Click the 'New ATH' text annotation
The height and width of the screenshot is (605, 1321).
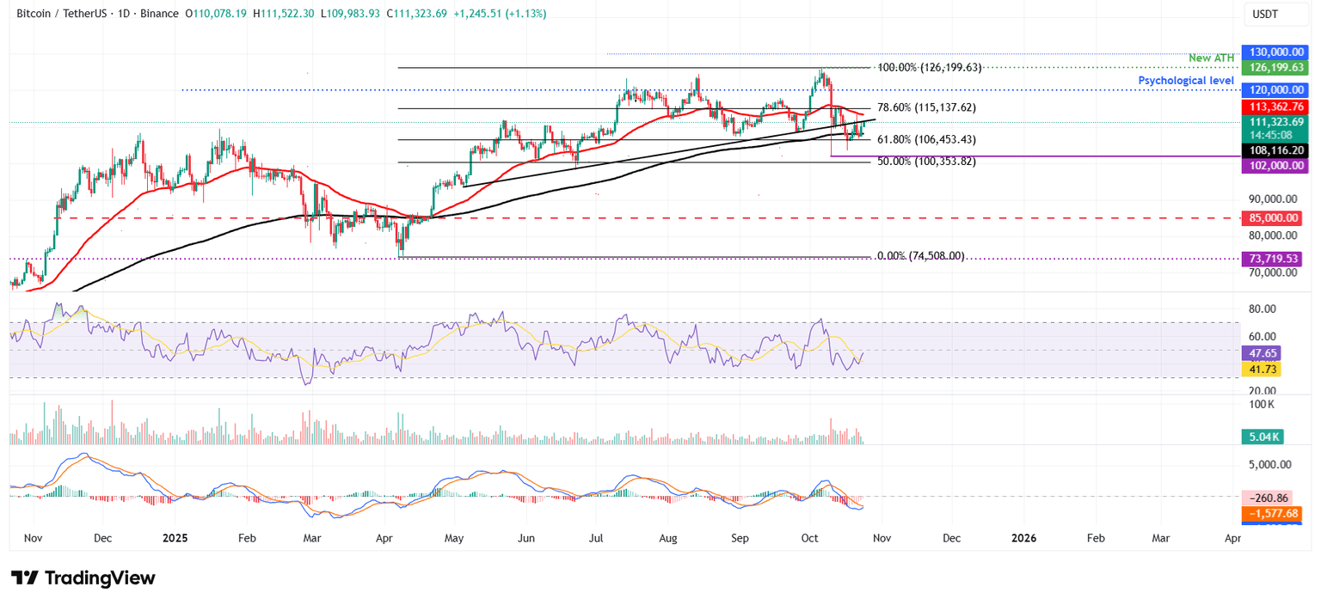click(1212, 58)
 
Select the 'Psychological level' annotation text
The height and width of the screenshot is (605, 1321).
click(1186, 81)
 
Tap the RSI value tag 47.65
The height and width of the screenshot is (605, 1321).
click(1261, 352)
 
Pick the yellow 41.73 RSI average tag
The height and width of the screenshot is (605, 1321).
click(1261, 369)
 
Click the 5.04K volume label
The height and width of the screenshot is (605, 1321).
click(1261, 437)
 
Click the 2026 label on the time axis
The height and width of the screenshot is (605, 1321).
click(1023, 538)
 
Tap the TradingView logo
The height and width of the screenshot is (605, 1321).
click(83, 577)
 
